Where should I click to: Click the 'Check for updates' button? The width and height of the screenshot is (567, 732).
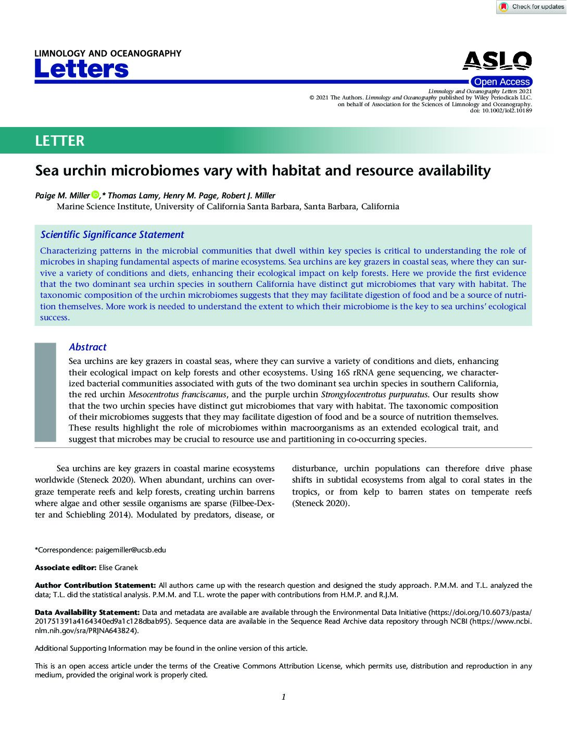pos(531,7)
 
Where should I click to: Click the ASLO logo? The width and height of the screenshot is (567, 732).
pos(497,61)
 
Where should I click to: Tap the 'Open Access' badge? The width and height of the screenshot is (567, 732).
pos(501,82)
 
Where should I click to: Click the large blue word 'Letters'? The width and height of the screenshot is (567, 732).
pos(81,69)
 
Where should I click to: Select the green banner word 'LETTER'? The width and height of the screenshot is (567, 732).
pos(59,141)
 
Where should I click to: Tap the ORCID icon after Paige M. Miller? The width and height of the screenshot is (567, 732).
pos(95,195)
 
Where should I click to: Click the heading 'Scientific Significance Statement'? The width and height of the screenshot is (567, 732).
pos(112,235)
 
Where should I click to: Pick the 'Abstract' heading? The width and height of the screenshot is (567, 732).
pos(87,347)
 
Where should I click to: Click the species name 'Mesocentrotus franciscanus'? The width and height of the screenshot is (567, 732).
pos(177,395)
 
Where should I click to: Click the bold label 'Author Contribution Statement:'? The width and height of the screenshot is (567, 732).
pos(95,585)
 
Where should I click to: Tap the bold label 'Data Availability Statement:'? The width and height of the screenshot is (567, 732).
pos(87,612)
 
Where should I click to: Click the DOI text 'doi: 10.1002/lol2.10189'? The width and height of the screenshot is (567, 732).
pos(501,111)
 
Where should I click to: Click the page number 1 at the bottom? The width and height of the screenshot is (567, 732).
pos(283,697)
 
